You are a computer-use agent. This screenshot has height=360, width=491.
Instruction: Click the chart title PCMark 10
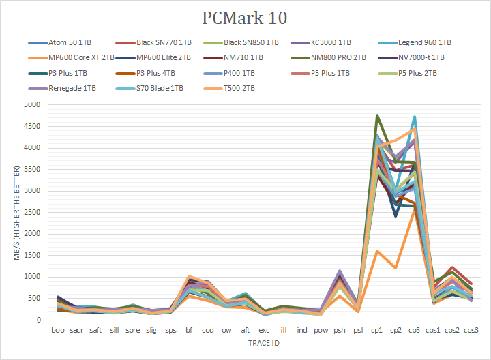[245, 17]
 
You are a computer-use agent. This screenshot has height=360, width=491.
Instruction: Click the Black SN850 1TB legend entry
[250, 42]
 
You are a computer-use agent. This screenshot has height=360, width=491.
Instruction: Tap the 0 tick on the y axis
[40, 320]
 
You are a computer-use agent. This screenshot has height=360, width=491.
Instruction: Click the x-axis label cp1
[376, 330]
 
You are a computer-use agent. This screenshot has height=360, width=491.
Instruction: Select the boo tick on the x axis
[58, 330]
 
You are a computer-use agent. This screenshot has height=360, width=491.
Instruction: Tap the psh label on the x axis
[339, 330]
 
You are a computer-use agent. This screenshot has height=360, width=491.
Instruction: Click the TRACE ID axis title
[263, 344]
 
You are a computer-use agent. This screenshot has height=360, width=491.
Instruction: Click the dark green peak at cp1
[377, 115]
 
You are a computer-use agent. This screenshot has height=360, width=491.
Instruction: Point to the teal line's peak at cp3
[414, 117]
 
